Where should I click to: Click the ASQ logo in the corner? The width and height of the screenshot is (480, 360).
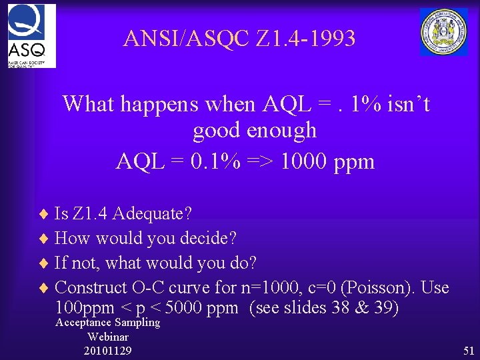[31, 35]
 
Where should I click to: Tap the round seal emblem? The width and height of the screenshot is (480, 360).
[443, 31]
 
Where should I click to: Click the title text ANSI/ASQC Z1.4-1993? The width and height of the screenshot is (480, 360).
[239, 39]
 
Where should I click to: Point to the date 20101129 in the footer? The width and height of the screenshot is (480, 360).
[108, 351]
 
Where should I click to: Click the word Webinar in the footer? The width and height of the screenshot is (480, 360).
[108, 337]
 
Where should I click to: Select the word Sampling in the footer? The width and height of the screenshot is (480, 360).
[137, 323]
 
